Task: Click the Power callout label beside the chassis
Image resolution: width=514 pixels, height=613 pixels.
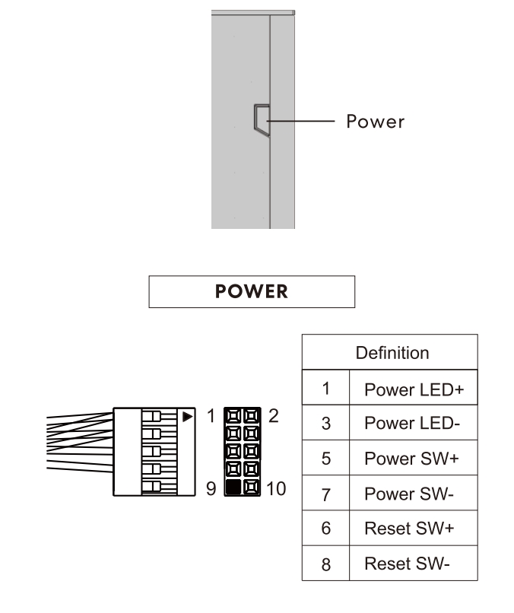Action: tap(375, 122)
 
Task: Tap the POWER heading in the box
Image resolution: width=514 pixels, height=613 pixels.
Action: tap(252, 292)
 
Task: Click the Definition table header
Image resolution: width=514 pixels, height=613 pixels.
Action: tap(392, 353)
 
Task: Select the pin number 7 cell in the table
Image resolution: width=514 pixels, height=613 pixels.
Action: tap(325, 495)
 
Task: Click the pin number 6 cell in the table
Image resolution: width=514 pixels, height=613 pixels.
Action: tap(325, 530)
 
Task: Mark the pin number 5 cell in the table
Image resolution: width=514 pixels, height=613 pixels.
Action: tap(325, 460)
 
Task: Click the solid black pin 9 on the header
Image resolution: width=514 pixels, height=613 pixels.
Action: tap(233, 488)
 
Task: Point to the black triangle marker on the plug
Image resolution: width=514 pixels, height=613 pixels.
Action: tap(187, 416)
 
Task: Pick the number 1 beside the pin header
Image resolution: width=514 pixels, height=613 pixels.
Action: tap(211, 416)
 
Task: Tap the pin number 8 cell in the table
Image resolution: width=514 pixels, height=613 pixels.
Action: tap(325, 564)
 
